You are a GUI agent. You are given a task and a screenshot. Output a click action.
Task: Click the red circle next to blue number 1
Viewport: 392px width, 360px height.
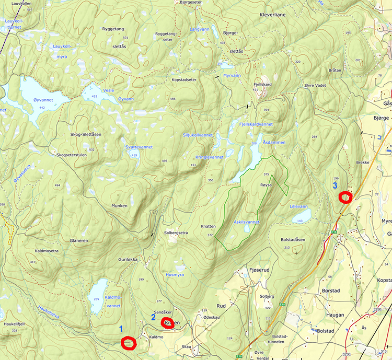click(x=128, y=343)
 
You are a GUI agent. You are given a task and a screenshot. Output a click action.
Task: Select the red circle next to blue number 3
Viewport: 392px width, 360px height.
click(x=345, y=197)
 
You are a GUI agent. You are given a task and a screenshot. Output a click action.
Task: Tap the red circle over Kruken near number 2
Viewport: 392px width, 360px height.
click(x=168, y=323)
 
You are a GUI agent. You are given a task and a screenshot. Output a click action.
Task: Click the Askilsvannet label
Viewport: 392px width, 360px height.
click(x=247, y=222)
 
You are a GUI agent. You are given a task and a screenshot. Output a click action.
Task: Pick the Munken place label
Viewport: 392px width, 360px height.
click(x=119, y=206)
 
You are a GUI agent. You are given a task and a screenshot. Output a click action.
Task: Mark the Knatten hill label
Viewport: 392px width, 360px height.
click(x=208, y=227)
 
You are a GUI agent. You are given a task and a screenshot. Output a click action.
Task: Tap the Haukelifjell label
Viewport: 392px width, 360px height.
click(x=15, y=323)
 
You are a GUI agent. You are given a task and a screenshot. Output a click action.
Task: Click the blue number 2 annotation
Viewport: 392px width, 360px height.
click(x=153, y=317)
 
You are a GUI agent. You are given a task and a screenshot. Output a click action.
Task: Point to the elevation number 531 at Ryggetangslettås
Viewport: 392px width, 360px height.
click(x=125, y=38)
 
